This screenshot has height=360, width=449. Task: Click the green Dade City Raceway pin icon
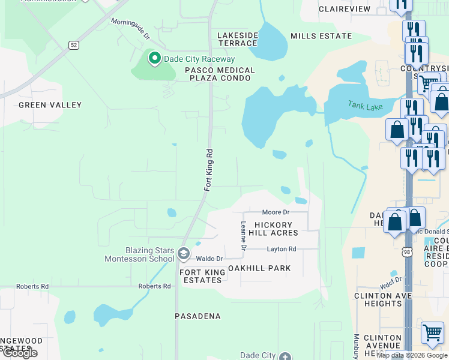[x=154, y=59]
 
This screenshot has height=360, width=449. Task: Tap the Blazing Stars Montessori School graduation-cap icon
[x=183, y=255]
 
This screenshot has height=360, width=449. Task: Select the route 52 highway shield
[x=73, y=44]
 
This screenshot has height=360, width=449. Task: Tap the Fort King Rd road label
[x=209, y=170]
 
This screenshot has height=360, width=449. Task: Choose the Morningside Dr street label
[x=130, y=28]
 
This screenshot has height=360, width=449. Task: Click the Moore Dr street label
[x=276, y=212]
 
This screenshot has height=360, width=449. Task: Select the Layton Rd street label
[x=282, y=249]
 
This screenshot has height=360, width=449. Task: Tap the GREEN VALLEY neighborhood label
[x=50, y=105]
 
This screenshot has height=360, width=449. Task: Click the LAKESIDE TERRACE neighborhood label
[x=238, y=40]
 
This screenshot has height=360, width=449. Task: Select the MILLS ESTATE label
[x=321, y=36]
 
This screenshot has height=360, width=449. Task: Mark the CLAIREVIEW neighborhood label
[x=345, y=9]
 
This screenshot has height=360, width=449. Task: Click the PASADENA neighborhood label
[x=197, y=316]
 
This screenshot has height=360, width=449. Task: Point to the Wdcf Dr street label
[x=390, y=281]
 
